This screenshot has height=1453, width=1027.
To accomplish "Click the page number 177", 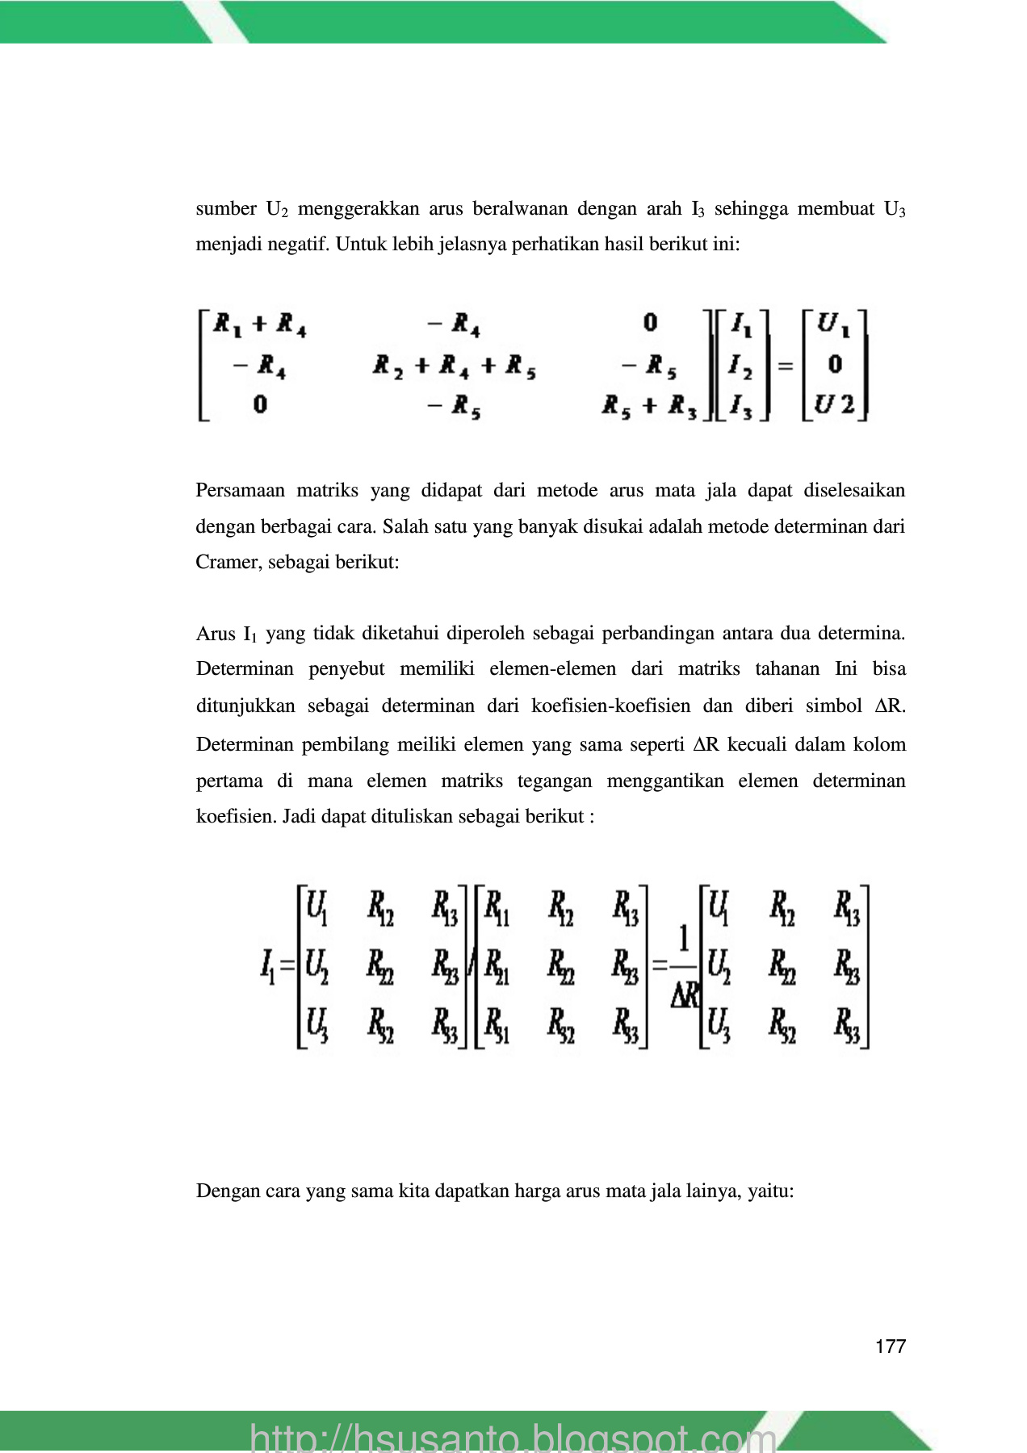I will click(x=891, y=1346).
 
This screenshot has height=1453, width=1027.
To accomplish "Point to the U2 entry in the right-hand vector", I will click(x=834, y=404).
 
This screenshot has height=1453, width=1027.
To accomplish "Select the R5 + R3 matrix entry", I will click(x=649, y=406).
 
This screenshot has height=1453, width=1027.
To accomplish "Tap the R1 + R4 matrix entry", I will click(x=259, y=325).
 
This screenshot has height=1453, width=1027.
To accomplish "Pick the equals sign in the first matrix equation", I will click(x=785, y=366).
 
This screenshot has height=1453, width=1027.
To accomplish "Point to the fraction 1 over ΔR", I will click(x=684, y=967).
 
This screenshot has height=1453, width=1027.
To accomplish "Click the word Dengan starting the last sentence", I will click(x=227, y=1191).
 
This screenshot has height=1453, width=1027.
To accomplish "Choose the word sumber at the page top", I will click(x=226, y=209).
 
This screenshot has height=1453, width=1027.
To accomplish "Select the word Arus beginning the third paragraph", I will click(x=216, y=634).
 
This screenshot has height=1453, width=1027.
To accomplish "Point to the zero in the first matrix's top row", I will click(x=650, y=324).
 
